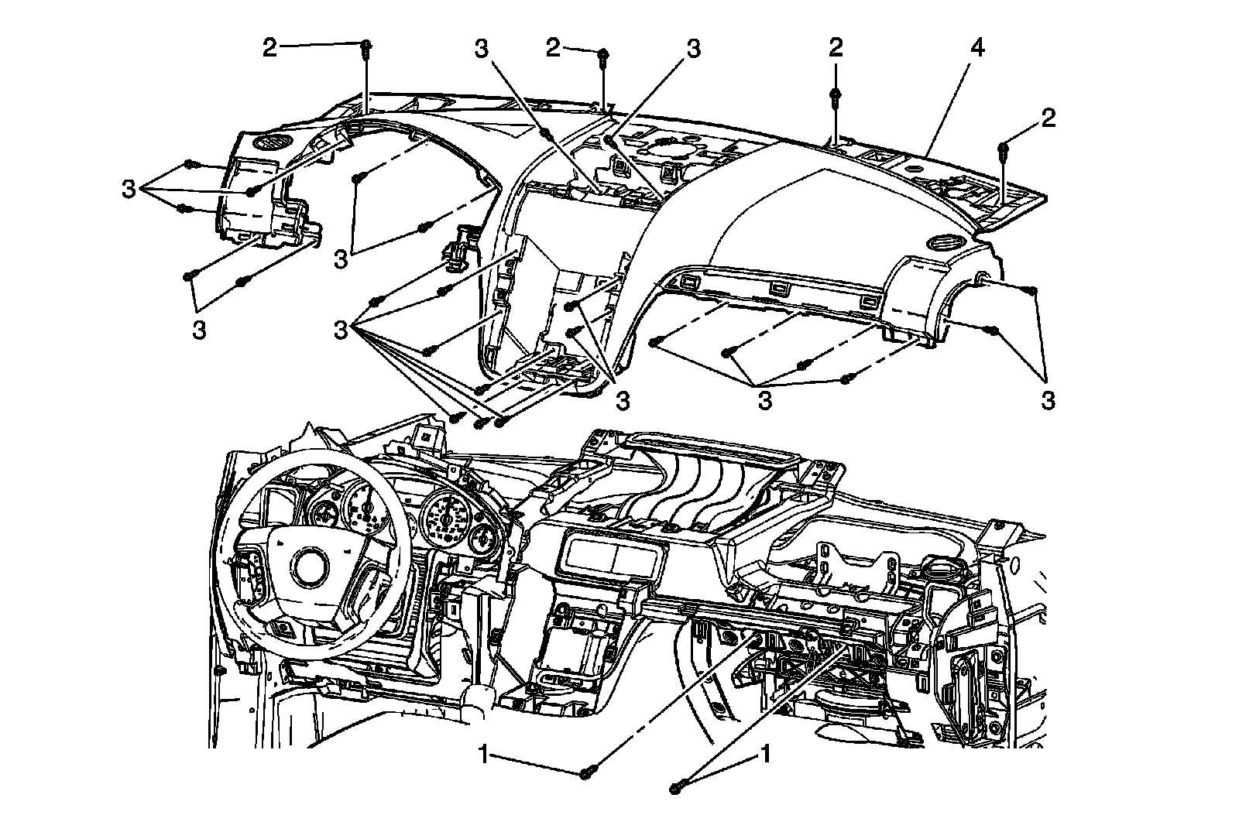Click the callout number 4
pos(976,48)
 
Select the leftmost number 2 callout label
pos(269,48)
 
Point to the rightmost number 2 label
pos(1049,118)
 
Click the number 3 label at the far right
pos(1048,400)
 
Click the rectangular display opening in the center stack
pos(612,554)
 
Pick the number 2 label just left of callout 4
pos(835,48)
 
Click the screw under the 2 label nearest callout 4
pos(836,96)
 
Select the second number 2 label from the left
pos(553,48)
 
